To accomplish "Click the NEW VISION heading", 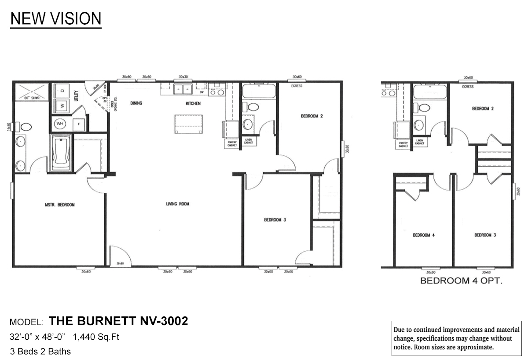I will point(56,18).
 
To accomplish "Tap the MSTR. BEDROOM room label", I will point(60,205).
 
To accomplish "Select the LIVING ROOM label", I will point(177,204).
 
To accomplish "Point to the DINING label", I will point(137,103).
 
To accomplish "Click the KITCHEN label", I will point(193,103).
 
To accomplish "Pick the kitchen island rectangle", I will point(185,123).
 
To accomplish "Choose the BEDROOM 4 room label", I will point(423,235).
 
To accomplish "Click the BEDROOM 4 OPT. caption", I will point(461,280).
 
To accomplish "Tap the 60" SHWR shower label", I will point(32,98).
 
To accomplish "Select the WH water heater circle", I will point(60,124).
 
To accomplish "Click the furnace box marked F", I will point(79,124).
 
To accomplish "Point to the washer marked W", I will point(62,106).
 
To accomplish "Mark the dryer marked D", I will point(62,91).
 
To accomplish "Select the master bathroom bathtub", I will point(60,153).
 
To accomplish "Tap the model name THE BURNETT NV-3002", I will point(118,321).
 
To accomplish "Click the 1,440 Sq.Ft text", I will point(96,338).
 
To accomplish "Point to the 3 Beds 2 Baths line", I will point(40,352).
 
